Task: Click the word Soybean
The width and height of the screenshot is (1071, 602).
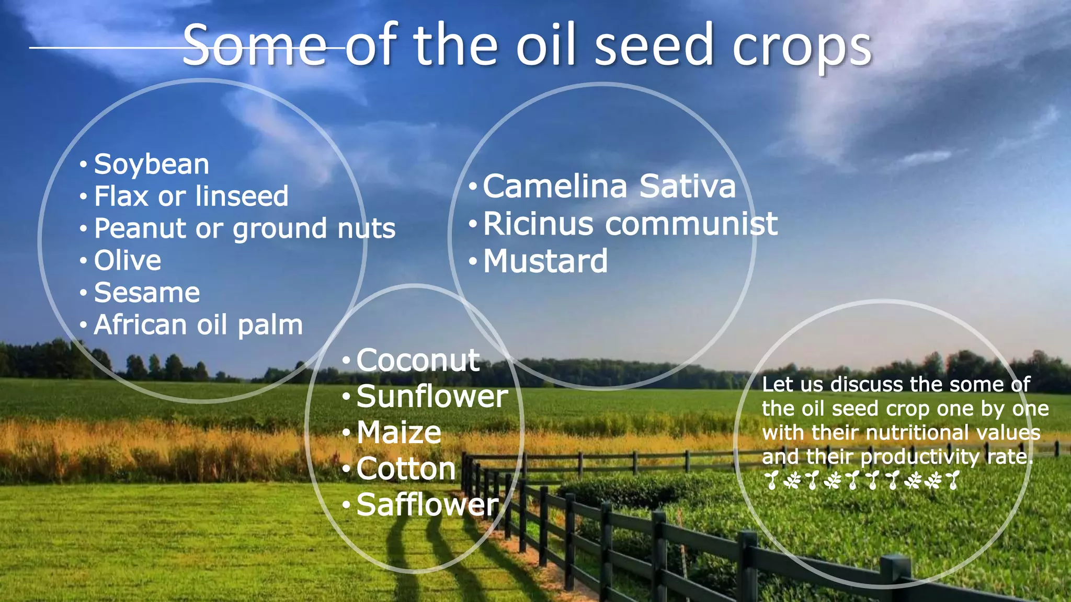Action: point(152,165)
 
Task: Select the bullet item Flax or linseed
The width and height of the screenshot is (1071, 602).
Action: point(191,197)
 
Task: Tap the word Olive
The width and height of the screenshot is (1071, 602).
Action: point(128,261)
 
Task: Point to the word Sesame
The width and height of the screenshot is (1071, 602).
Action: point(147,293)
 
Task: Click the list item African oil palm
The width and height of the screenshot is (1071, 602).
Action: point(198,325)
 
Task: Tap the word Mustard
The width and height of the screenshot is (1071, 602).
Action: point(545,261)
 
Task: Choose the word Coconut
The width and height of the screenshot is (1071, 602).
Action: point(418,361)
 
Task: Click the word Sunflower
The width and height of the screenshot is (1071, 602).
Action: point(432,397)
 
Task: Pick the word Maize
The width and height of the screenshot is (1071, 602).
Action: point(399,433)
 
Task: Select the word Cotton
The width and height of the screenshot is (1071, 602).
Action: point(406,469)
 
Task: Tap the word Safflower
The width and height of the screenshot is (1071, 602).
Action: point(427,505)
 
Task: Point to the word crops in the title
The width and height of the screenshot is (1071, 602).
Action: point(802,47)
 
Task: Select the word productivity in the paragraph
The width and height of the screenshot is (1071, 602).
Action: point(920,457)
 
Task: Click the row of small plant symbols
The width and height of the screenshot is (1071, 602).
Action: point(862,480)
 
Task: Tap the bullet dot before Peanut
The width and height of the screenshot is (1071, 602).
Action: point(84,229)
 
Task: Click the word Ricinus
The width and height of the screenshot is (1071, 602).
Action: point(538,224)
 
